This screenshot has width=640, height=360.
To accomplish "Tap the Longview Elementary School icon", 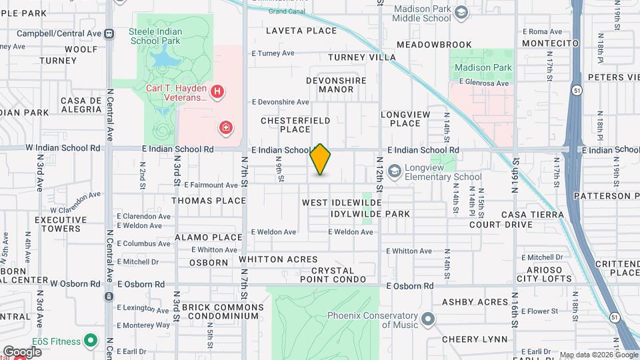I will (395, 171).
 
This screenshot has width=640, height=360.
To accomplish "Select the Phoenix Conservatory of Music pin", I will (428, 319).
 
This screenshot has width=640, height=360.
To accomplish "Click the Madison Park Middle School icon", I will (461, 13).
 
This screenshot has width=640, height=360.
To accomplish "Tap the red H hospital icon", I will (217, 92).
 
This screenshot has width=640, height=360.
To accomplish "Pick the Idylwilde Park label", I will (370, 214).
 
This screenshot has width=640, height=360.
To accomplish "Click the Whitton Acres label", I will (274, 259).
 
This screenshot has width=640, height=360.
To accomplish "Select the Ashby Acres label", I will (475, 302).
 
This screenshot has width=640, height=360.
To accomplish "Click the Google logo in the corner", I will (22, 351).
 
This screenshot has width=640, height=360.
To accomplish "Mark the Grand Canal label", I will (287, 11).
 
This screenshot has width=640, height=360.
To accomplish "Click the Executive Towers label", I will (57, 224).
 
